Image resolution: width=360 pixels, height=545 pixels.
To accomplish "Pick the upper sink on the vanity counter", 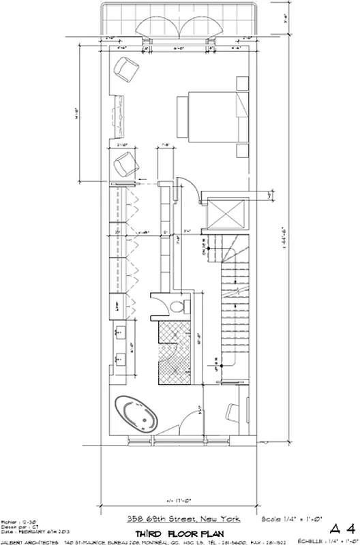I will click(121, 333).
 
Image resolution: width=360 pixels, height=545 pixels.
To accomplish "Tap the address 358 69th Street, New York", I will click(183, 519).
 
